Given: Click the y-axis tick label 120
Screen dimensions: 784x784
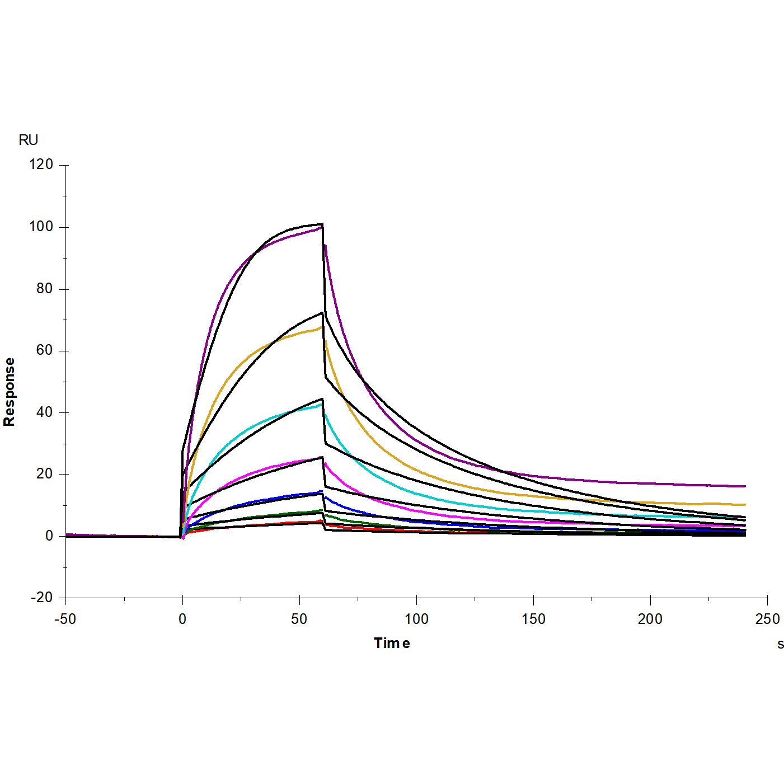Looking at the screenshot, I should (41, 165).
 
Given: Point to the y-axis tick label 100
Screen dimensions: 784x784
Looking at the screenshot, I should (41, 227).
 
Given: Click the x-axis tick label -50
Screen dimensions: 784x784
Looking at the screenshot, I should (65, 619).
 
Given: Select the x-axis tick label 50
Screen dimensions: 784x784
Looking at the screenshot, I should (299, 619).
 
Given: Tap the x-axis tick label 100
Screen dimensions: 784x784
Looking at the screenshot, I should (416, 619).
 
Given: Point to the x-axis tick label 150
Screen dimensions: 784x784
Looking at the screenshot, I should (533, 619).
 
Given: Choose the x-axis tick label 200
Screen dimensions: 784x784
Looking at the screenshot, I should (650, 619).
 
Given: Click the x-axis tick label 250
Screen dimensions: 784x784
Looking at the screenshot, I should (767, 619).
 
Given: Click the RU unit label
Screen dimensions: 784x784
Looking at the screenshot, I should (29, 140).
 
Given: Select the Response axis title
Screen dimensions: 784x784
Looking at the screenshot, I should (10, 392).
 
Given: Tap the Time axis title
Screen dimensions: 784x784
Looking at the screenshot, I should (392, 644).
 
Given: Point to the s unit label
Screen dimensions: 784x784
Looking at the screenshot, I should (781, 645).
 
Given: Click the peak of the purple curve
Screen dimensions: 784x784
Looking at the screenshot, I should (322, 227).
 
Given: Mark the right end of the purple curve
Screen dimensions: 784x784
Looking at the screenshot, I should (745, 486).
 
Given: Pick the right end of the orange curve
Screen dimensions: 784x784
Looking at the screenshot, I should (745, 505).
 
